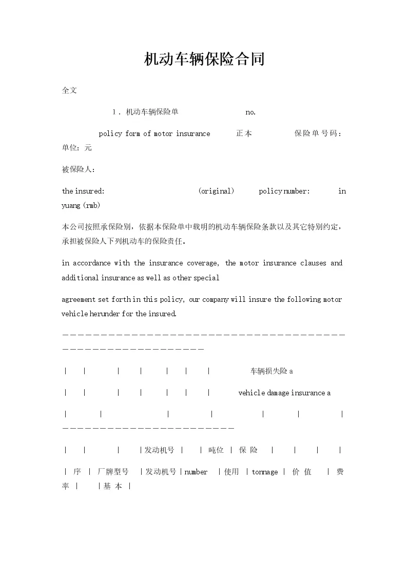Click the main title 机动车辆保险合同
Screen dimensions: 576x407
204,59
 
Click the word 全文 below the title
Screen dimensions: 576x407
69,90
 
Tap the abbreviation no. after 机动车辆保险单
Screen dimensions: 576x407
250,112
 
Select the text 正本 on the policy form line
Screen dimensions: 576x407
244,133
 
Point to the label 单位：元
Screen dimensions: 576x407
77,147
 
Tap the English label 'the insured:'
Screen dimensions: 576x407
83,191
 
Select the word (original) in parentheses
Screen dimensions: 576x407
216,191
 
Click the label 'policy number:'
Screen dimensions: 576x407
284,191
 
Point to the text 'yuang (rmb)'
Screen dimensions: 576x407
81,205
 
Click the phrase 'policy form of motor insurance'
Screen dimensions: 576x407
154,133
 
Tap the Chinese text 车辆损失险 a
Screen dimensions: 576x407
272,371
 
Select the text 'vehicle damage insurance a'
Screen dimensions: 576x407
284,393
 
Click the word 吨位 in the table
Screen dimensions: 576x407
216,450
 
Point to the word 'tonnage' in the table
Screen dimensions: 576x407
265,472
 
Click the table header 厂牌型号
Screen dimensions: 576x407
113,472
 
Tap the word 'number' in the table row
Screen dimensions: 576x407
196,472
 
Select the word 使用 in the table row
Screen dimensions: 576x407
231,472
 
